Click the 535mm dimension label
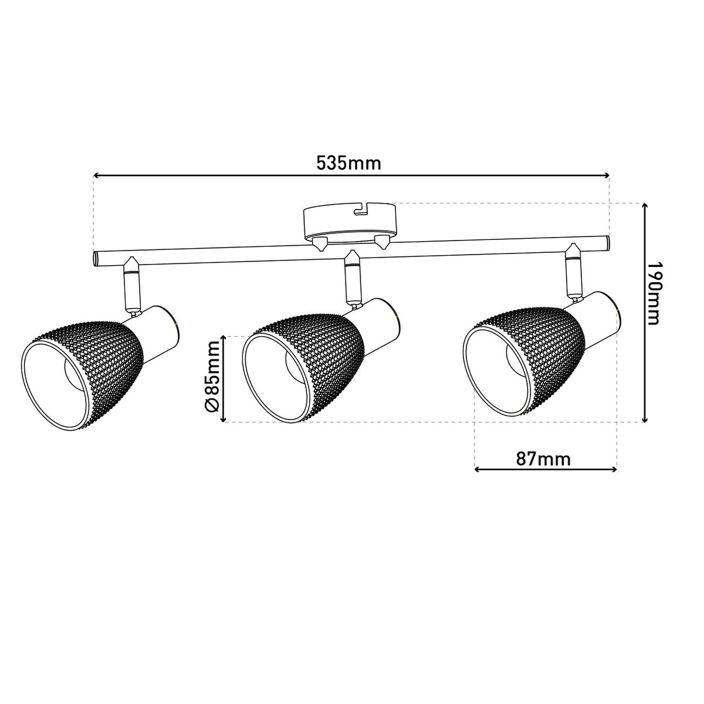pos(348,163)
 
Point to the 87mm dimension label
pos(543,459)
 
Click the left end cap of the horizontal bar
pos(95,259)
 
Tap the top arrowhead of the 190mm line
pos(645,206)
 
